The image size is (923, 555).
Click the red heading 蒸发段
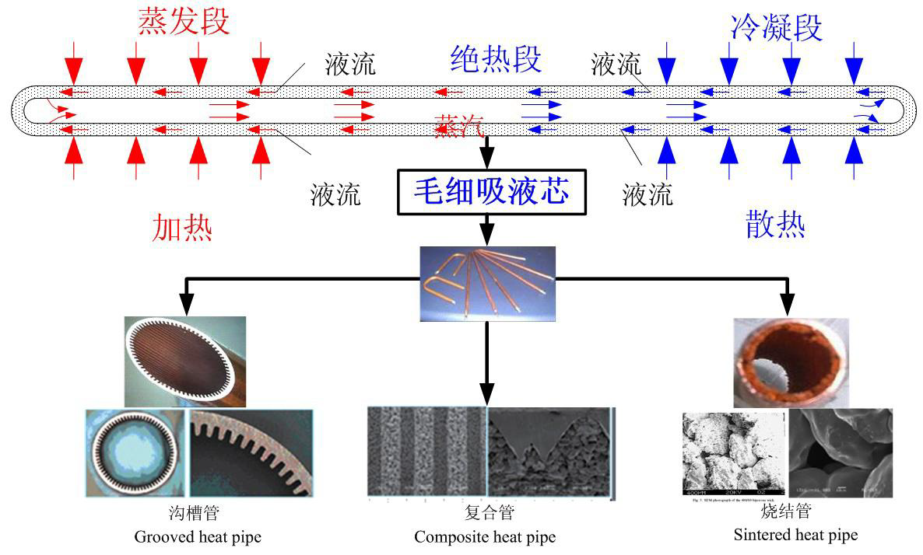tap(184, 22)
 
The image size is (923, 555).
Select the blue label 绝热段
tap(495, 58)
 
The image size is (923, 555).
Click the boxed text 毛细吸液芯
tap(490, 190)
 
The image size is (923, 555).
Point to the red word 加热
tap(183, 227)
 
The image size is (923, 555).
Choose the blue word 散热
tap(774, 225)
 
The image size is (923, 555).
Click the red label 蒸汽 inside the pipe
tap(460, 125)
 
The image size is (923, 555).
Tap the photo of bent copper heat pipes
tap(487, 284)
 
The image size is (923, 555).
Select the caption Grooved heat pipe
tap(198, 536)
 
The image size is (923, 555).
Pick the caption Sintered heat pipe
tap(795, 534)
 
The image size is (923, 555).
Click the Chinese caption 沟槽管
tap(198, 514)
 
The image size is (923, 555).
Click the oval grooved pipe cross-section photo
tap(185, 361)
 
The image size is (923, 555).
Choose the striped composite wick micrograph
tap(426, 452)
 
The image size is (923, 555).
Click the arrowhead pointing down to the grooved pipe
tap(185, 305)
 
